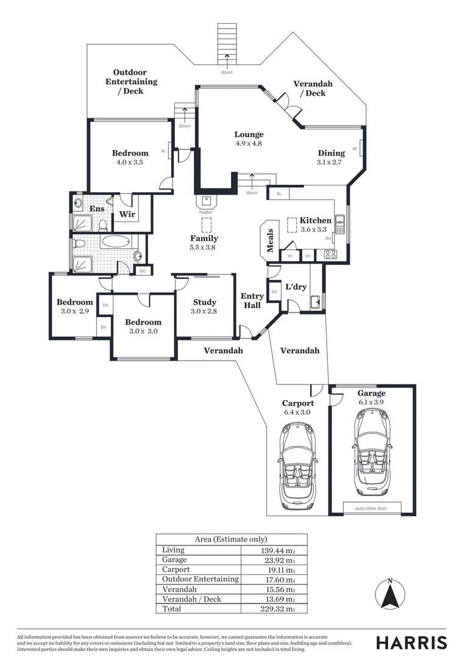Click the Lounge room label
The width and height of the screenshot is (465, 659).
tap(249, 134)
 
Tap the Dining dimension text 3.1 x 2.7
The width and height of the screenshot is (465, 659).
tap(330, 162)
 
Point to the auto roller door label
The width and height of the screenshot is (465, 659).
tap(365, 508)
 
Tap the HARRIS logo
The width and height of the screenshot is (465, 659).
tap(411, 642)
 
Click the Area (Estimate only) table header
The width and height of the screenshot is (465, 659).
tap(231, 539)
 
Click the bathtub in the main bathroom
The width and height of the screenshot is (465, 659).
tap(116, 242)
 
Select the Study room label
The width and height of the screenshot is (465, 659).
tap(204, 302)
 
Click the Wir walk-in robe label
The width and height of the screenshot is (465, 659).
tap(127, 214)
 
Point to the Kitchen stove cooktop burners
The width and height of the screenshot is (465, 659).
tap(330, 254)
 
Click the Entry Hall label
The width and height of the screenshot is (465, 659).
tap(252, 300)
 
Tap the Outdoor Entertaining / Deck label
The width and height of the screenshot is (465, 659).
tap(131, 82)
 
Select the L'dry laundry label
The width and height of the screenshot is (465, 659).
tap(296, 286)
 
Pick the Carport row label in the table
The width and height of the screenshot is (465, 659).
tap(176, 569)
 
